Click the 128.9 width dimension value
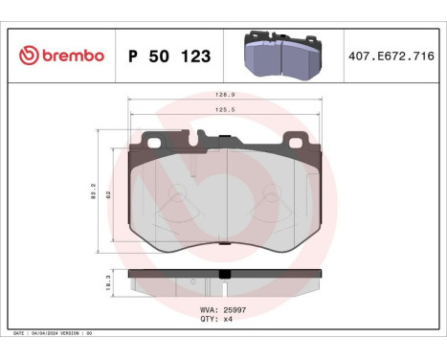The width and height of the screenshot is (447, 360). pos(225,96)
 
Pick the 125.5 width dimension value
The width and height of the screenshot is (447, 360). pos(225,110)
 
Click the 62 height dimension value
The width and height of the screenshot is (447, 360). pos(110,193)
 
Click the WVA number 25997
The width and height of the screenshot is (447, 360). pos(235,310)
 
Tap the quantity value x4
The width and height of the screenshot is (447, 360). pos(229,319)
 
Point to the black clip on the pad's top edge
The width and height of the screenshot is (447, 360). pos(224,142)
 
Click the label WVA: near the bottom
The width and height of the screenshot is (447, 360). pos(209,310)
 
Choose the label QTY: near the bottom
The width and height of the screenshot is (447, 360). pos(209,319)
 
